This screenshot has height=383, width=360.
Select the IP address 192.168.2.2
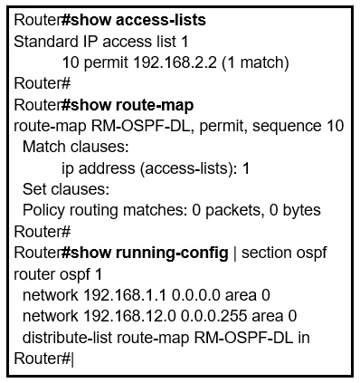pyautogui.click(x=175, y=62)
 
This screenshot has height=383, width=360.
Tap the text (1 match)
pyautogui.click(x=255, y=63)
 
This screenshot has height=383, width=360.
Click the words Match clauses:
pyautogui.click(x=76, y=147)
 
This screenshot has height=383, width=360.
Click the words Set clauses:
pyautogui.click(x=66, y=189)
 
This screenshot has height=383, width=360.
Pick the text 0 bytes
pyautogui.click(x=295, y=210)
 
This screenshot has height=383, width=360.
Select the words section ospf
pyautogui.click(x=284, y=253)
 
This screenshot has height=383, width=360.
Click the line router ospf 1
pyautogui.click(x=58, y=274)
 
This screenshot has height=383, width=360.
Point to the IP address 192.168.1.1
pyautogui.click(x=125, y=295)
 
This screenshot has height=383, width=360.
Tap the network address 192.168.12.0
pyautogui.click(x=129, y=316)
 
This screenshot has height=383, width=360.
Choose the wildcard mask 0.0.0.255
pyautogui.click(x=213, y=316)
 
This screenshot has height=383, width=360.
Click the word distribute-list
pyautogui.click(x=67, y=338)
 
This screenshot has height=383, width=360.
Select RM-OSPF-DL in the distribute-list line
pyautogui.click(x=243, y=338)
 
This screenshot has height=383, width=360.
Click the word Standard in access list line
pyautogui.click(x=46, y=42)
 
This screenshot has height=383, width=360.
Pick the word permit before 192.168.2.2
pyautogui.click(x=106, y=63)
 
